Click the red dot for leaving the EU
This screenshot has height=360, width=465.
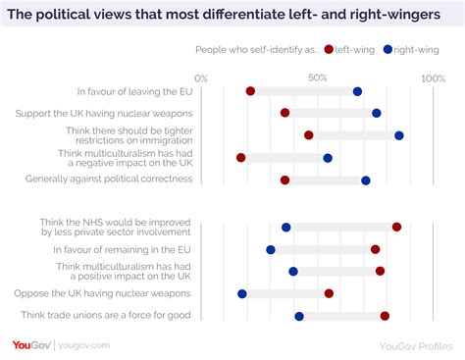tap(250, 91)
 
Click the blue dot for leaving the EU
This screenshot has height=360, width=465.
tap(357, 91)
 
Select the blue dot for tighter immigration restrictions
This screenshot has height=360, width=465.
tap(399, 135)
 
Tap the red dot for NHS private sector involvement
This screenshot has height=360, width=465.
tap(396, 227)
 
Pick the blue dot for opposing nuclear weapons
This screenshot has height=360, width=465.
tap(242, 293)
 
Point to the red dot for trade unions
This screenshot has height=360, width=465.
tap(385, 316)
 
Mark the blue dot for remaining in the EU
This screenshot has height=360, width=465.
tap(271, 249)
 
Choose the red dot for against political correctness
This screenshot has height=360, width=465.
tap(284, 180)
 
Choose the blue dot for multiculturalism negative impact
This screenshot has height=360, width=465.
tap(328, 158)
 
